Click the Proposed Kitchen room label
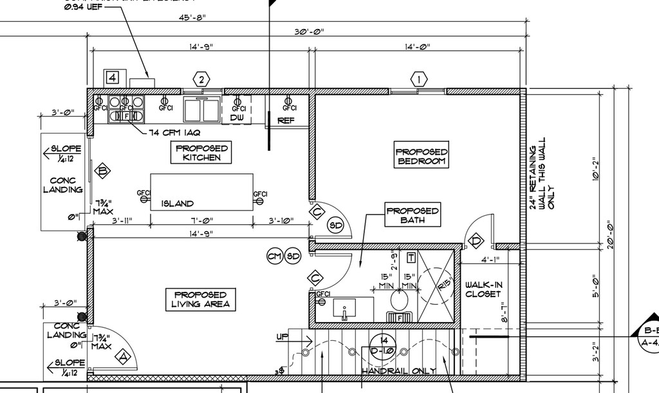click(x=201, y=153)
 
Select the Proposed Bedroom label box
click(x=422, y=157)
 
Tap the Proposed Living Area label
click(x=201, y=299)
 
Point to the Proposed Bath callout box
click(x=413, y=215)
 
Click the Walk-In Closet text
click(x=483, y=289)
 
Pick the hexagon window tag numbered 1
click(x=419, y=80)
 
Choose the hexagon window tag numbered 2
click(x=202, y=80)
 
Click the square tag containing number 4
click(x=113, y=78)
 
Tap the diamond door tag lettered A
click(x=122, y=356)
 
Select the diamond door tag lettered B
click(x=102, y=171)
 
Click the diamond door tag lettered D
click(x=476, y=242)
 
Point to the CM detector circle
click(x=275, y=256)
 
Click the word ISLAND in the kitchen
click(x=177, y=204)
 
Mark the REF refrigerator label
click(x=286, y=120)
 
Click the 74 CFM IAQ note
click(x=175, y=133)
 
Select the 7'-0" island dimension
click(x=201, y=221)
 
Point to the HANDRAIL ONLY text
click(x=398, y=371)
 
